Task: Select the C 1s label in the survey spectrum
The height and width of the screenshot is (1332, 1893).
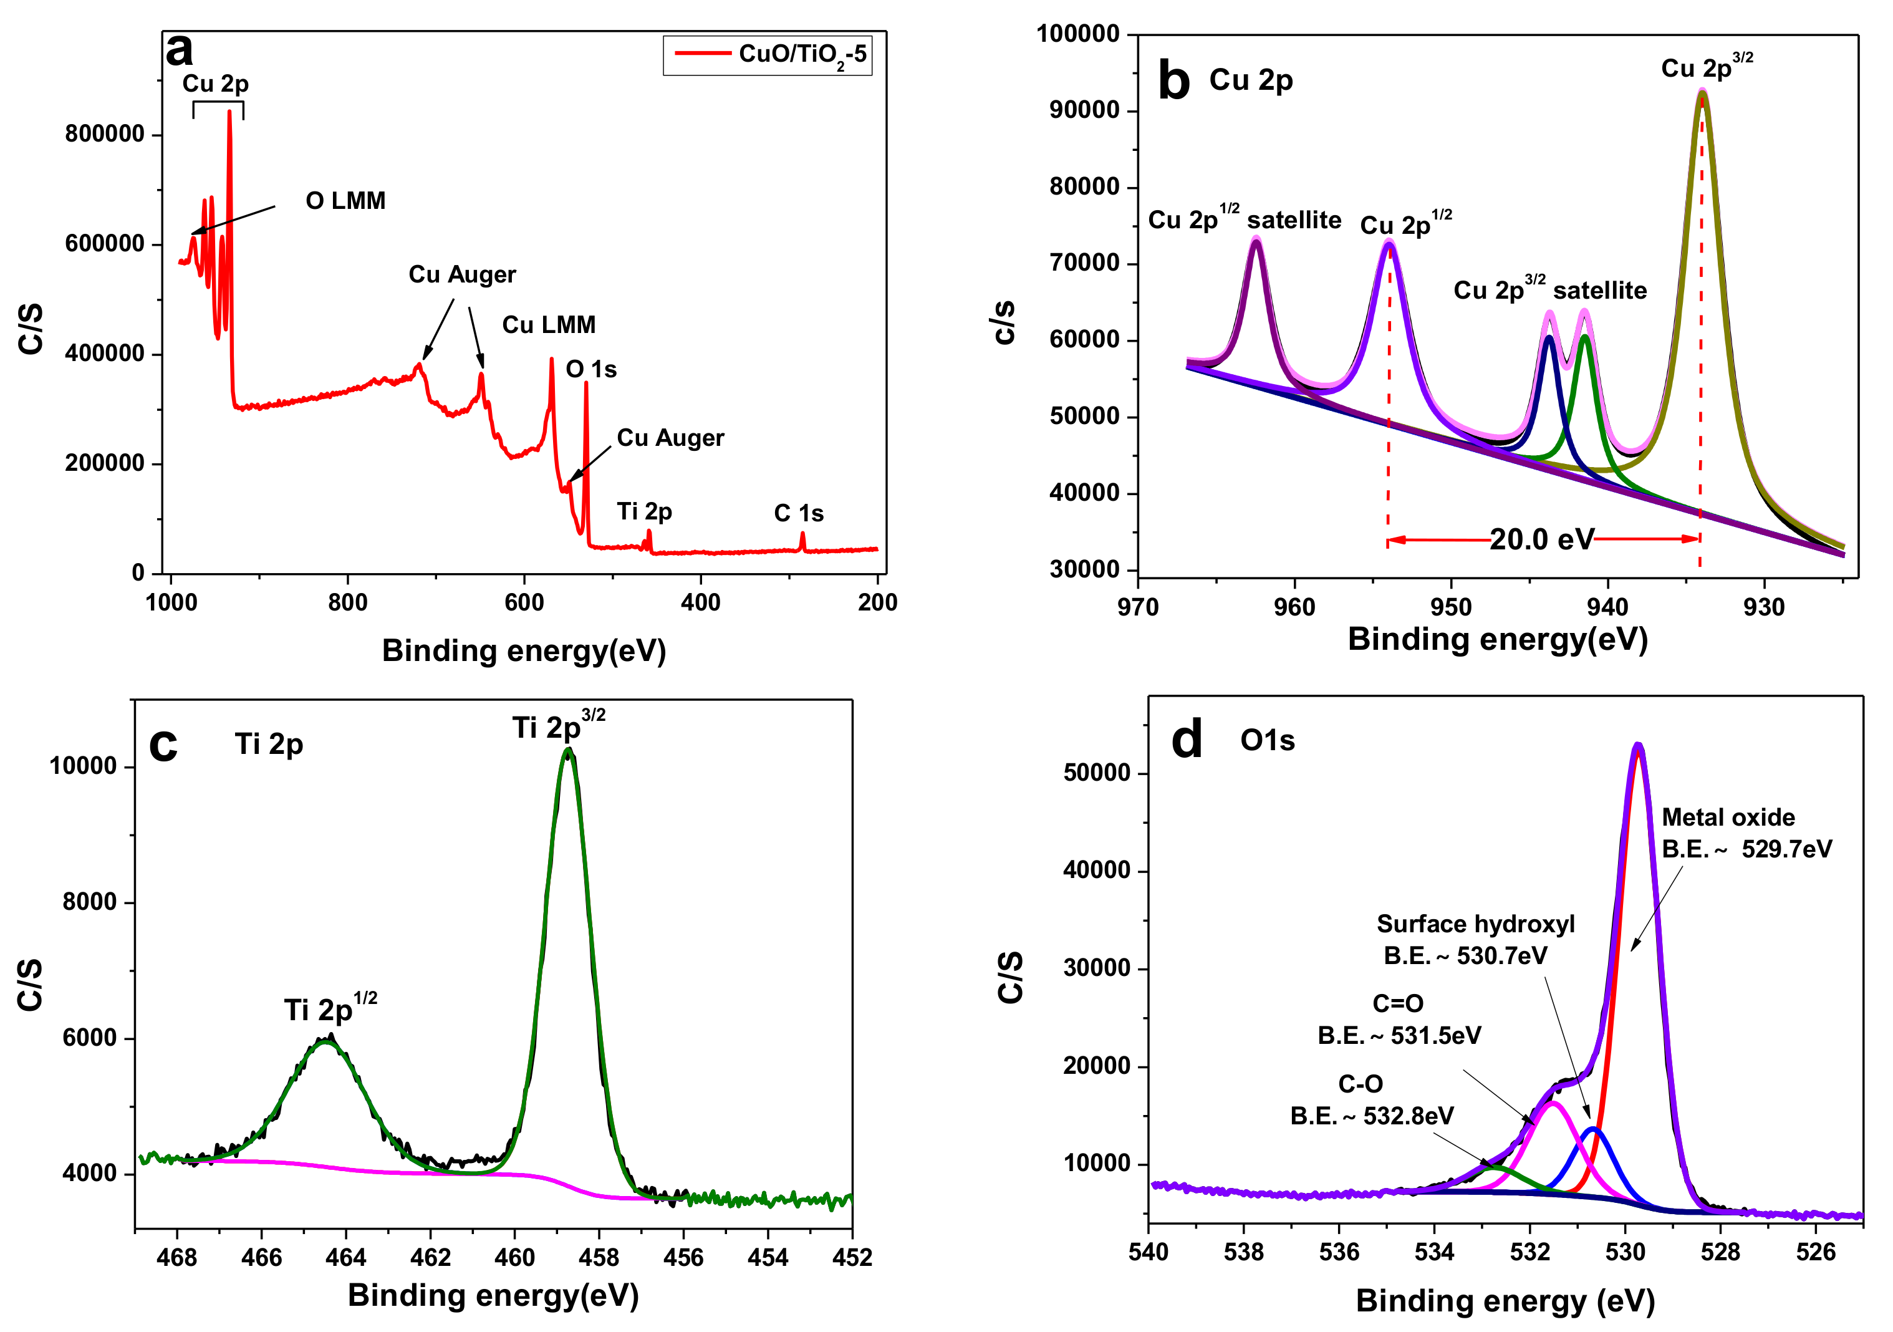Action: click(x=798, y=513)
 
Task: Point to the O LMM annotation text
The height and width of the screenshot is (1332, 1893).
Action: click(x=345, y=200)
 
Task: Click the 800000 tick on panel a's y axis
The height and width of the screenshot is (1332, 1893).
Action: click(x=105, y=133)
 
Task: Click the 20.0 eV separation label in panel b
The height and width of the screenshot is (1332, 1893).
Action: click(x=1542, y=539)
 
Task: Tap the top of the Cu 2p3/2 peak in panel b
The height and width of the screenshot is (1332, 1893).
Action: click(x=1702, y=92)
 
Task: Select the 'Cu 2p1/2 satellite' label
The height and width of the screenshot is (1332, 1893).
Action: click(x=1244, y=220)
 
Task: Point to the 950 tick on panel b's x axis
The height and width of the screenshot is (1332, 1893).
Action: click(x=1450, y=607)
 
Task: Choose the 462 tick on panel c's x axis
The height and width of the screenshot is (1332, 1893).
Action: click(x=430, y=1257)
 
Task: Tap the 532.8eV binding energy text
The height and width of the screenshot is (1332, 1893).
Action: click(x=1372, y=1116)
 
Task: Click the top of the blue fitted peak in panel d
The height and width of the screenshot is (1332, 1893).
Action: click(x=1594, y=1128)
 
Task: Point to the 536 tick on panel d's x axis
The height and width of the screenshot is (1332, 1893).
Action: click(x=1339, y=1252)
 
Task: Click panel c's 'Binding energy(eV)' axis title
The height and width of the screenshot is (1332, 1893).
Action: click(x=493, y=1295)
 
